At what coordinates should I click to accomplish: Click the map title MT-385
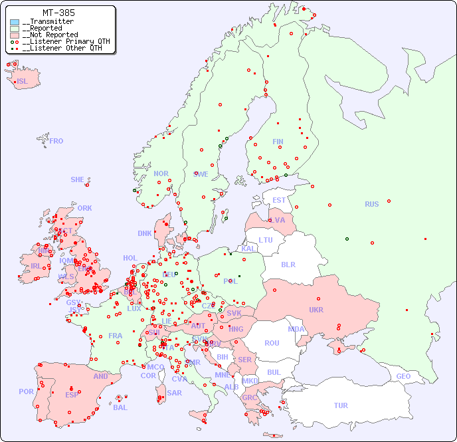click(58, 13)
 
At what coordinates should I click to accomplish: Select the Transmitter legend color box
click(15, 22)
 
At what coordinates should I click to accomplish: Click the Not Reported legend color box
click(15, 35)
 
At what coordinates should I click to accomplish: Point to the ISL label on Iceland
click(23, 82)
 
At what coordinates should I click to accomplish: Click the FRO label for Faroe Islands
click(56, 141)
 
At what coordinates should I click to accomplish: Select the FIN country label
click(278, 142)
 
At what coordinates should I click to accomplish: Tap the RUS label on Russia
click(371, 204)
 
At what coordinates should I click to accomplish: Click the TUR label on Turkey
click(341, 405)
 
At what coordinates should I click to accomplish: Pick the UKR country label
click(316, 310)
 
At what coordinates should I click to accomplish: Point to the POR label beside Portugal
click(26, 391)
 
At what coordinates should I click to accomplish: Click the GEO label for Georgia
click(403, 376)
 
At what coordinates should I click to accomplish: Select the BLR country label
click(288, 264)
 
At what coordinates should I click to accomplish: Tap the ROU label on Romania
click(272, 343)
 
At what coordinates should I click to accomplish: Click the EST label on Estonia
click(279, 200)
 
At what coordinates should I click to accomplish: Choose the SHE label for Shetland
click(78, 179)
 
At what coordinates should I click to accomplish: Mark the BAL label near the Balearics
click(120, 407)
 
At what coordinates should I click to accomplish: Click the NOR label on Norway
click(161, 173)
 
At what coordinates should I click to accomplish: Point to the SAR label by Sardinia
click(174, 393)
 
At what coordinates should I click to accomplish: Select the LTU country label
click(266, 240)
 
